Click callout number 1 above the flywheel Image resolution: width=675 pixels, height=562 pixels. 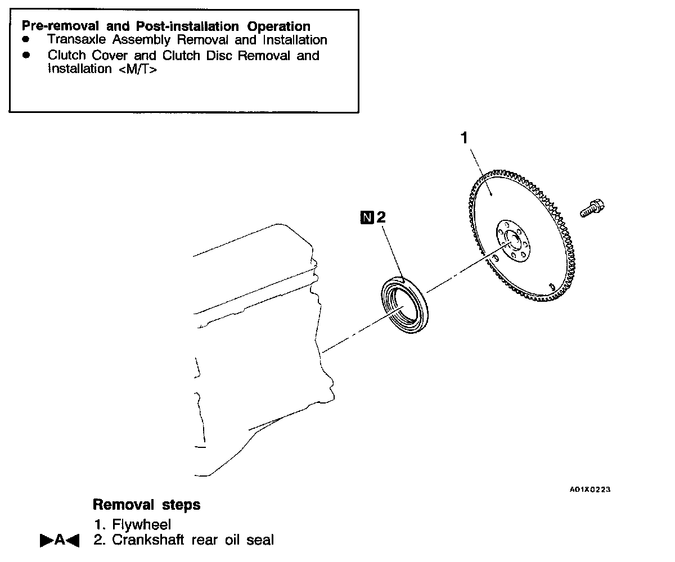(465, 138)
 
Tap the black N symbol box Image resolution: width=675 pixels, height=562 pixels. (367, 217)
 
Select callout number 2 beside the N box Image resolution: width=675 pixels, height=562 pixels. (381, 217)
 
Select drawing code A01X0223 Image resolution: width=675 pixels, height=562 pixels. (590, 490)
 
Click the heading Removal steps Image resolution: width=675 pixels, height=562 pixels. (146, 505)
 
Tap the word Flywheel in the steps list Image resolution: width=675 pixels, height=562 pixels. (142, 525)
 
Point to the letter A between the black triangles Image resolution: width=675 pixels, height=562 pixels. (60, 541)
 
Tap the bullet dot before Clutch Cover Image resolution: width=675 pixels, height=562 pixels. (25, 56)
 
